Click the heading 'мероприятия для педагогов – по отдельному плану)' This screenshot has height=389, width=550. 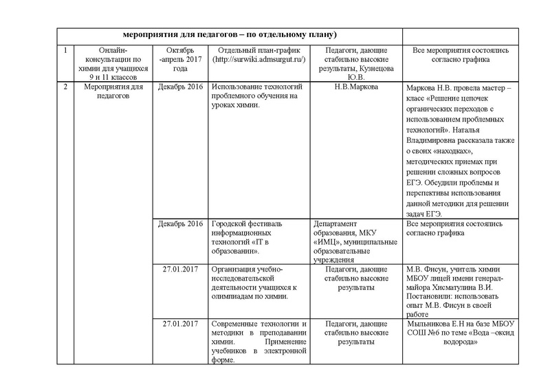tap(228, 34)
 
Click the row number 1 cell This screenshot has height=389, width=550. tap(65, 51)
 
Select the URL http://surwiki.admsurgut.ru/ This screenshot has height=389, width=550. tap(259, 60)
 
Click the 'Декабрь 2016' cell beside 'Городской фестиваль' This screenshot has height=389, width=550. tap(180, 224)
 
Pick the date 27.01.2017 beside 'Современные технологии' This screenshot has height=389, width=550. tap(180, 323)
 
